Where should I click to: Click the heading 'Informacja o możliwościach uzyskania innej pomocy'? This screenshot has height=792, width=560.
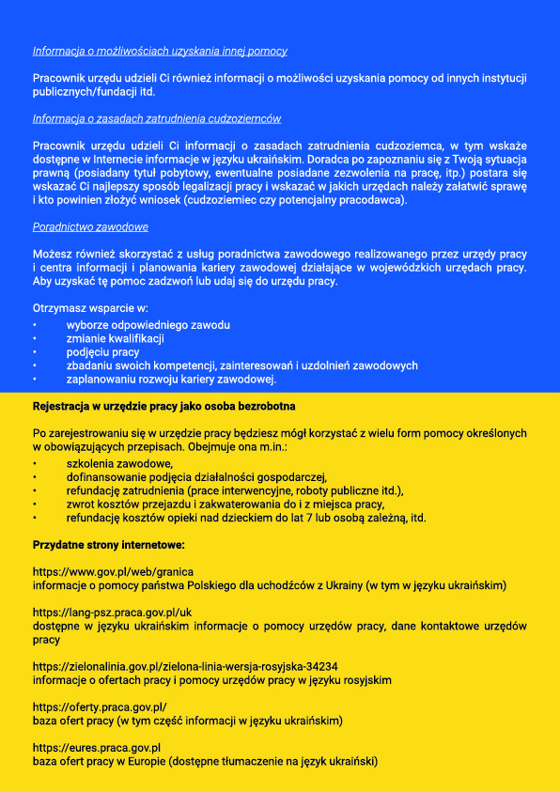coord(160,51)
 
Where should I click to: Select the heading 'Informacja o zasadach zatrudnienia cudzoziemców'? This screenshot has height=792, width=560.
coord(157,118)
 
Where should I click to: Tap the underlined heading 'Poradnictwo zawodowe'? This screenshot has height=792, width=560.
coord(90,227)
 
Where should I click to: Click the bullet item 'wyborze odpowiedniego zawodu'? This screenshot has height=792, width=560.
coord(148,325)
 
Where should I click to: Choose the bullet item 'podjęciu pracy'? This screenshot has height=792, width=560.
coord(102,352)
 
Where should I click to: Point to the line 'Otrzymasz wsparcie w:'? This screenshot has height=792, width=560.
coord(90,308)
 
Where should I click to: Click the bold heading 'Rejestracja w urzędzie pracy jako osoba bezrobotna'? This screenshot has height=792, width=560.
coord(164,407)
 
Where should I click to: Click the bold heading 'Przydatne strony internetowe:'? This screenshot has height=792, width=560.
coord(108,545)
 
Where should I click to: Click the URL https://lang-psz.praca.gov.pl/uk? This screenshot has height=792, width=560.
coord(112,612)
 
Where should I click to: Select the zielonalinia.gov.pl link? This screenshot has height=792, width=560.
coord(185,666)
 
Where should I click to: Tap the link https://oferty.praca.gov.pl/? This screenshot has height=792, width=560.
coord(100,707)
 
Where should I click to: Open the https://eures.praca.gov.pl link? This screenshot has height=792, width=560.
coord(97,748)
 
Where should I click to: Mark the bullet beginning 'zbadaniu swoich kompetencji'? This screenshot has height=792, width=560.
coord(241,365)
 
